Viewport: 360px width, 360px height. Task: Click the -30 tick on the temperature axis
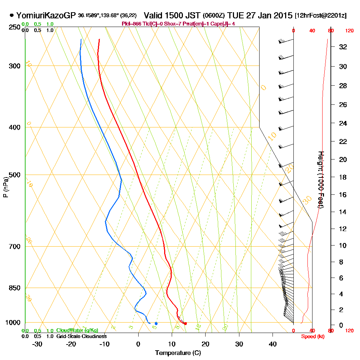pos(37,344)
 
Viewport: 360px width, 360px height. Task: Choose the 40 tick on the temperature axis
pos(273,344)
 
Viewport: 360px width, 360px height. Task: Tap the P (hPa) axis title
pos(5,187)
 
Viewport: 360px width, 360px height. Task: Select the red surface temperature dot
pos(185,324)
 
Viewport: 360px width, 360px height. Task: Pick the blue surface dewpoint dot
pos(156,323)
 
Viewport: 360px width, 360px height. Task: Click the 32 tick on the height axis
pos(343,47)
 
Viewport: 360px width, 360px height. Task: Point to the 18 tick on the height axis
pos(343,177)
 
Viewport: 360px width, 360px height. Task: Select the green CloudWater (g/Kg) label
pos(77,330)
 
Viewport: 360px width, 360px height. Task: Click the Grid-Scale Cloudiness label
pos(81,336)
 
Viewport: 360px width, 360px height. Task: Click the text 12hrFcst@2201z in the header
pos(321,16)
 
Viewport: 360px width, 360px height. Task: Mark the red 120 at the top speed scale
pos(349,31)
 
